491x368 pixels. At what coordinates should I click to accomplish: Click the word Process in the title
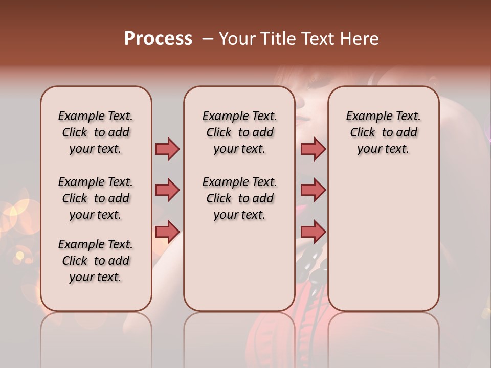pyautogui.click(x=158, y=39)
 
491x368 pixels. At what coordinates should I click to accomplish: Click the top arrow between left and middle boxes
pyautogui.click(x=167, y=149)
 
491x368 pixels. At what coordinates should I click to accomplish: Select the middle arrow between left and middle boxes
pyautogui.click(x=167, y=191)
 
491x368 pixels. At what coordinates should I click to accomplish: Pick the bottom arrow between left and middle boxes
pyautogui.click(x=167, y=232)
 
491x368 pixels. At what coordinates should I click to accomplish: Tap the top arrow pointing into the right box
pyautogui.click(x=313, y=149)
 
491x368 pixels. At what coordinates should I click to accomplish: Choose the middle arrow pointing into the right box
pyautogui.click(x=313, y=191)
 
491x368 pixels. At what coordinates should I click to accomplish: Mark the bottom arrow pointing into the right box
pyautogui.click(x=313, y=232)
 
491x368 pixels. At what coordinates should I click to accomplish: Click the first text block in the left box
pyautogui.click(x=96, y=132)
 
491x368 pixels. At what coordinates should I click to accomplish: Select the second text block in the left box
pyautogui.click(x=96, y=198)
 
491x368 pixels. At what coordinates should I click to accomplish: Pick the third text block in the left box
pyautogui.click(x=96, y=261)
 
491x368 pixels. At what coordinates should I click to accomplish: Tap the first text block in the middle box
pyautogui.click(x=239, y=132)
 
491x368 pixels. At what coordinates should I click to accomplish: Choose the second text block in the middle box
pyautogui.click(x=239, y=198)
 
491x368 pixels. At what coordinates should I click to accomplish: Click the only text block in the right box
pyautogui.click(x=383, y=132)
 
